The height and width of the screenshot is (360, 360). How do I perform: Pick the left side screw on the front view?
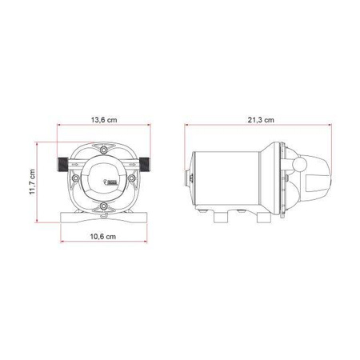tap(78, 160)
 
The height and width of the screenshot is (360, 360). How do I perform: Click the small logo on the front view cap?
tap(112, 185)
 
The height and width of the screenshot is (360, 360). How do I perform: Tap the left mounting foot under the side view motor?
tap(221, 215)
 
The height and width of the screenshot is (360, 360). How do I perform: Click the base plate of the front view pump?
tap(103, 218)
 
